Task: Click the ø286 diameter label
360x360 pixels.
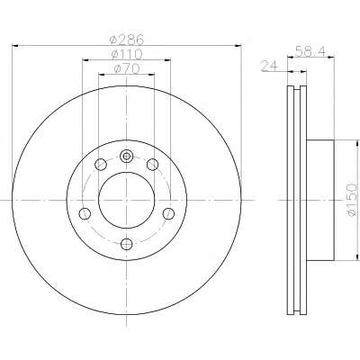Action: (127, 39)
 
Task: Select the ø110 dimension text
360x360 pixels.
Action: (126, 54)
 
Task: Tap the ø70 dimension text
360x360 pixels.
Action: (127, 68)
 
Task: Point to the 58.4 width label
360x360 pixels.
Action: (310, 50)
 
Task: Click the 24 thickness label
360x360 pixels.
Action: (270, 66)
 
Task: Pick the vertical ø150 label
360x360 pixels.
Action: (352, 200)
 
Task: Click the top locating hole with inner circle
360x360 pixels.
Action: (126, 156)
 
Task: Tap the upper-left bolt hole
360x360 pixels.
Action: (101, 164)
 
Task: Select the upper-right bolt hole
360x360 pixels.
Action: (152, 164)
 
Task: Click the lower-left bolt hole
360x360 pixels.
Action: (85, 213)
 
